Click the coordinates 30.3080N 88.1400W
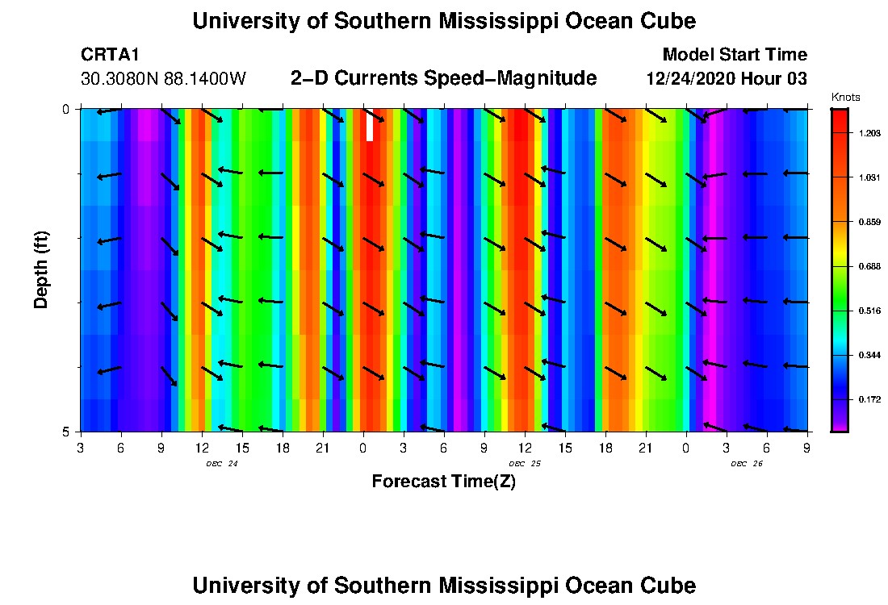point(163,79)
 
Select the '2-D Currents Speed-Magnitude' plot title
point(443,78)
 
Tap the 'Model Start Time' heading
point(734,55)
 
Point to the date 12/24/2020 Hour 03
point(727,79)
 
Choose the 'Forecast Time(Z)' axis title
point(443,482)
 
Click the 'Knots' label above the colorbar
point(845,98)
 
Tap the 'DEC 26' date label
point(747,464)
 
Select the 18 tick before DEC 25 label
point(282,447)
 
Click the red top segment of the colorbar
point(840,121)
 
